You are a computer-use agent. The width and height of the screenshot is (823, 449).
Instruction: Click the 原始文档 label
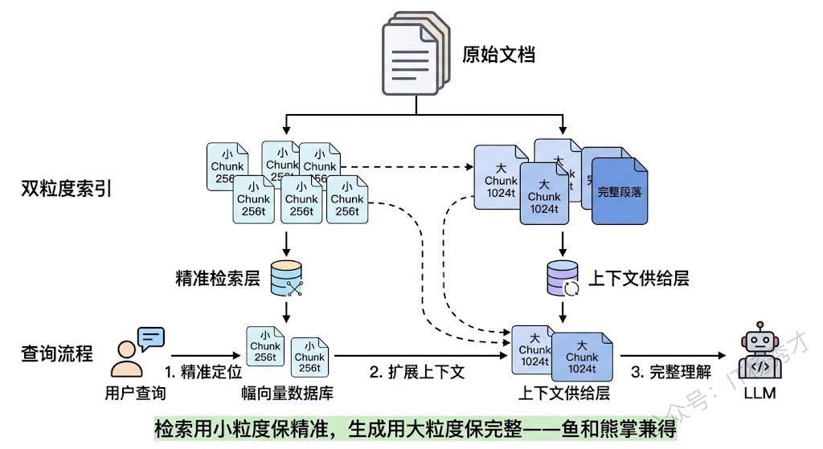pos(498,55)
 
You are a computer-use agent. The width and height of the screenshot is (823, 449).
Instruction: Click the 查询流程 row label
pos(57,353)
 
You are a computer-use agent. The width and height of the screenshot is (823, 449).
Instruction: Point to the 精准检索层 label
pos(218,279)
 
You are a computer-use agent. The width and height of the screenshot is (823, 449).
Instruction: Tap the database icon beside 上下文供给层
pos(562,278)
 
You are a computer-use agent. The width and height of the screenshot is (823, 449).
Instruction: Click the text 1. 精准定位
pos(202,373)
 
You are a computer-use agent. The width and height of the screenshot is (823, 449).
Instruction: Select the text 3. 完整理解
pos(671,373)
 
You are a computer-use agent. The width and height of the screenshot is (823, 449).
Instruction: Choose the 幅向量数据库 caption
pos(287,394)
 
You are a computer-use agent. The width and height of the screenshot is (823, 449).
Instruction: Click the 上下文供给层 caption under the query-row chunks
pos(563,394)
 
